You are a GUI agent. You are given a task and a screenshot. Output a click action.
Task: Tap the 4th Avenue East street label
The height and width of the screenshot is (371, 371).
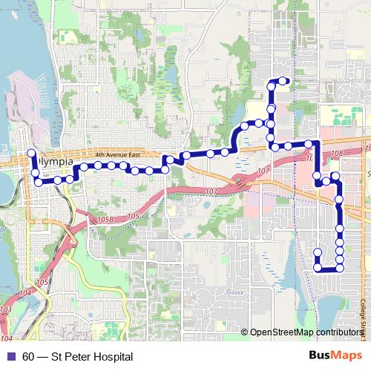click(117, 154)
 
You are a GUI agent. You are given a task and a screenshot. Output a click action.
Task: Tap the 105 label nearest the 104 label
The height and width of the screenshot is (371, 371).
click(41, 283)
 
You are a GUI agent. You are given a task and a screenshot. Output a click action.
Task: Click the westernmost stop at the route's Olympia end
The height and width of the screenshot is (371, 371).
click(32, 154)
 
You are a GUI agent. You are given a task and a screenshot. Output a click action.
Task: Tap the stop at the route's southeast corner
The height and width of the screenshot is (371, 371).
click(340, 269)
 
